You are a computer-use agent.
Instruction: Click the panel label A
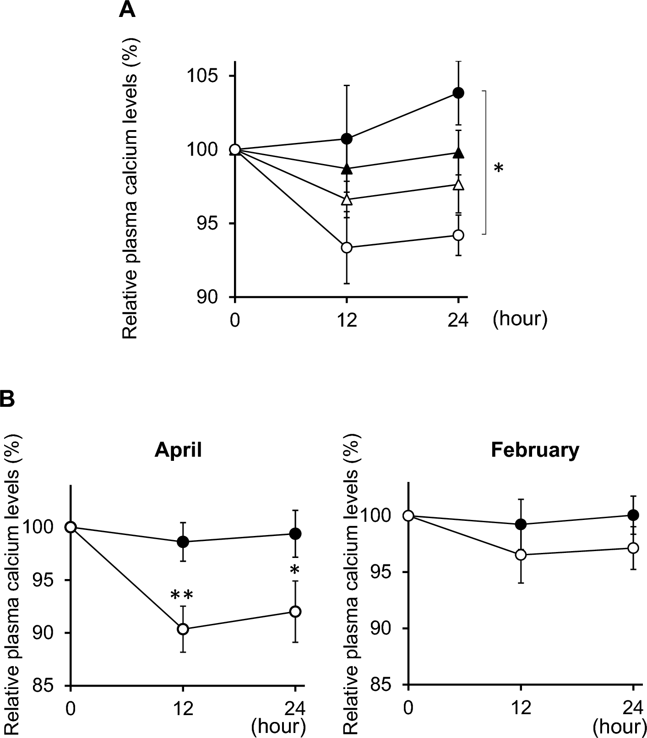tap(127, 10)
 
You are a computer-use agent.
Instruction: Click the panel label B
tap(7, 399)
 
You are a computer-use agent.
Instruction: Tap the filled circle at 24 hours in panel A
tap(458, 93)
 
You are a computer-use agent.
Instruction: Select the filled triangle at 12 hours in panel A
tap(347, 169)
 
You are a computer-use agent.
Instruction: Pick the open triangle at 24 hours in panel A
tap(458, 185)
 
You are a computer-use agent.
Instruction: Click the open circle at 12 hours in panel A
tap(347, 247)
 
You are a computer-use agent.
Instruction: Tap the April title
tap(178, 450)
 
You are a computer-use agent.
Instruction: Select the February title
tap(535, 450)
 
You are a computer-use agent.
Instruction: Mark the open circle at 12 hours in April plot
tap(183, 629)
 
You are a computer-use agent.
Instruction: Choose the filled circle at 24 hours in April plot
tap(295, 534)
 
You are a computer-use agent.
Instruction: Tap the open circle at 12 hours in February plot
tap(521, 555)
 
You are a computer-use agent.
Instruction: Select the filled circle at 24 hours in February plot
tap(633, 515)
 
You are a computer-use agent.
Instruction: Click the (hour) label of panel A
tap(520, 318)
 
